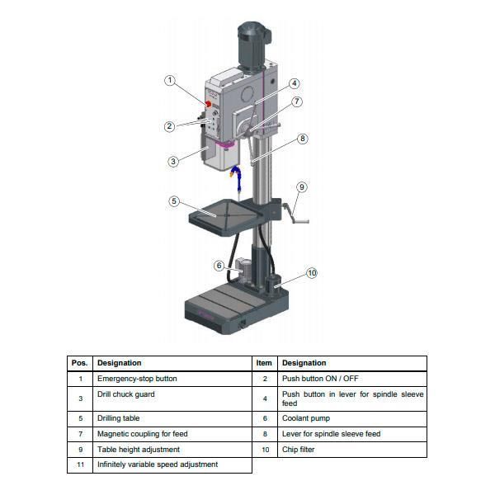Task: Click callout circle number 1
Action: point(170,81)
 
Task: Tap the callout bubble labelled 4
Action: point(295,83)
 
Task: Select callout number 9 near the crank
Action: point(302,187)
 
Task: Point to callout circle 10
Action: point(312,273)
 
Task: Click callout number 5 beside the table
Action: point(174,200)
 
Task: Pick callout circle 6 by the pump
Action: point(219,266)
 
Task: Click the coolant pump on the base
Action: point(244,270)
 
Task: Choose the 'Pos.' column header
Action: point(80,363)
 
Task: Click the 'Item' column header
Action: point(264,363)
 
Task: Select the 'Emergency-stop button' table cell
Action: point(137,379)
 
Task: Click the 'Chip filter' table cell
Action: point(299,450)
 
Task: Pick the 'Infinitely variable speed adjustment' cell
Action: point(158,464)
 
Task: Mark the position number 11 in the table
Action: point(80,464)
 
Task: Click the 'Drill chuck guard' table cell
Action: point(126,394)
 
